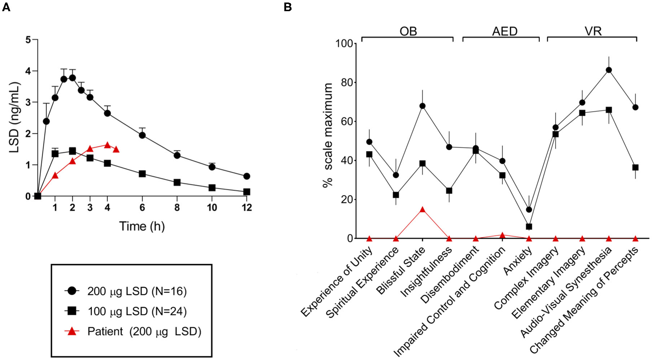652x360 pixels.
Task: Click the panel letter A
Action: (x=6, y=6)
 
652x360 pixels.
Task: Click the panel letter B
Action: (x=288, y=6)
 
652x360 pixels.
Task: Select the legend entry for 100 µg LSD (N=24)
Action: (x=137, y=311)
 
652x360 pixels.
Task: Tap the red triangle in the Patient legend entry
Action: (x=72, y=331)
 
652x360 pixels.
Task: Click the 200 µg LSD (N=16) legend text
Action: (x=137, y=291)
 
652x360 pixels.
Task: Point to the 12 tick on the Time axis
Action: (x=246, y=208)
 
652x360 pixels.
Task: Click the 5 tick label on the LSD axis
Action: (x=28, y=40)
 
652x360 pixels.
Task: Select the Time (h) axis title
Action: (x=142, y=227)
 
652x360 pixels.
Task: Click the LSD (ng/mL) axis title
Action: (x=14, y=117)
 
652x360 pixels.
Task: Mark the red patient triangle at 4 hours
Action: (x=107, y=145)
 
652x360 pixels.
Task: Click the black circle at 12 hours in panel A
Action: (x=246, y=176)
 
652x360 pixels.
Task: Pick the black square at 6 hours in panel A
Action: (x=142, y=174)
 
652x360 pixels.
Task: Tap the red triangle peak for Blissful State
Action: (x=422, y=210)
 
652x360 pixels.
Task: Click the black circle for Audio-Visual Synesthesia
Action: (x=609, y=70)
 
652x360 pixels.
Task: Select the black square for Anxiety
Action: (x=529, y=227)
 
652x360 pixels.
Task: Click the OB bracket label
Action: (x=408, y=31)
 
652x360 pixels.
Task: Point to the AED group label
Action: (x=504, y=31)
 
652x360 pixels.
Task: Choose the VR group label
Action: (x=593, y=31)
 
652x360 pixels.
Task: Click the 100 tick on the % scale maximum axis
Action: (x=345, y=44)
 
